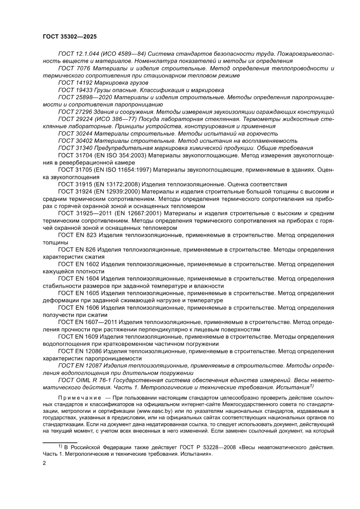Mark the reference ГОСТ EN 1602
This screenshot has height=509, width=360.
tap(79, 264)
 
